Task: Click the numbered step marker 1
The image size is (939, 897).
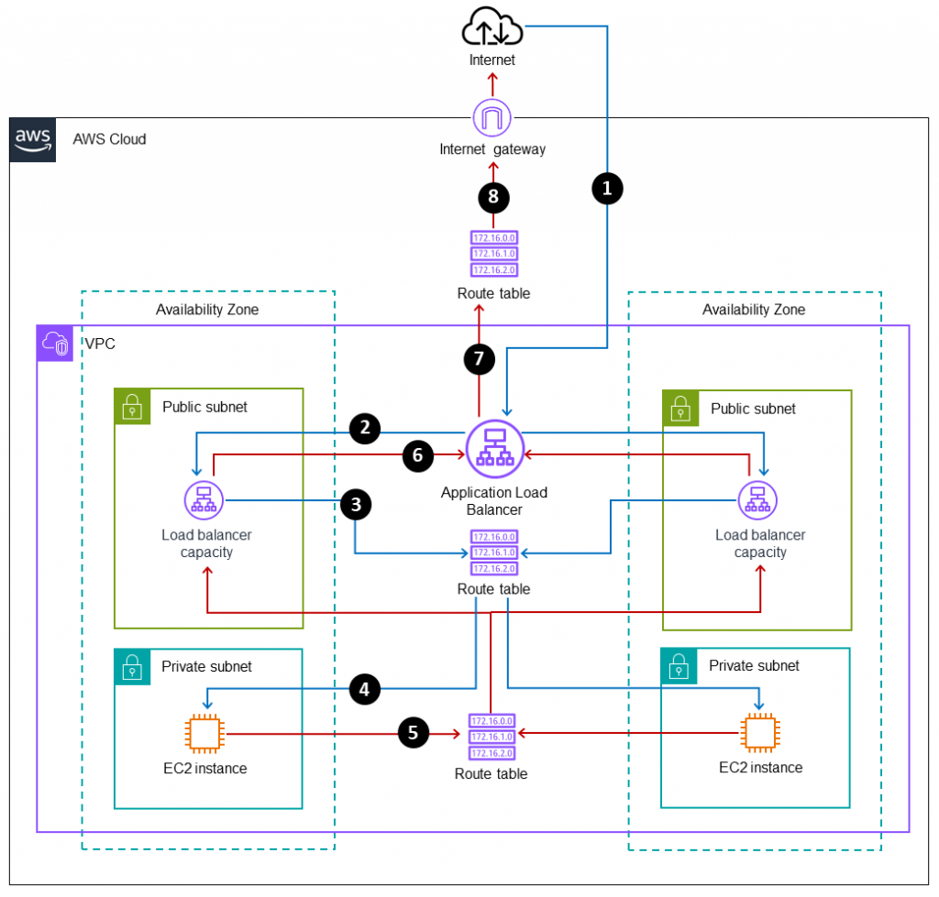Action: [606, 188]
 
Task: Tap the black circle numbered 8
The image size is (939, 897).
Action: [493, 196]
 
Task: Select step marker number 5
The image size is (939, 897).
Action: [414, 733]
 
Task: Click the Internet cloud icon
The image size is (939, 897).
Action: [493, 27]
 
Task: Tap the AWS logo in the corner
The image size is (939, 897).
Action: [32, 140]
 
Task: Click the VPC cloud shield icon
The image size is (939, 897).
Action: [53, 345]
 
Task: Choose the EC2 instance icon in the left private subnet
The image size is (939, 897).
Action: [204, 734]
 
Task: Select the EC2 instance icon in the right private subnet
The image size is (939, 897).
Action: [759, 734]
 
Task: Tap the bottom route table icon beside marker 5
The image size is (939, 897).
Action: [492, 738]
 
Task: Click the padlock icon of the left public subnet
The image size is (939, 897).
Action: [133, 406]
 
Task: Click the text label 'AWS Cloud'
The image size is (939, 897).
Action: [109, 139]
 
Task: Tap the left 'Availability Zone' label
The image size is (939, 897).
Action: [207, 310]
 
